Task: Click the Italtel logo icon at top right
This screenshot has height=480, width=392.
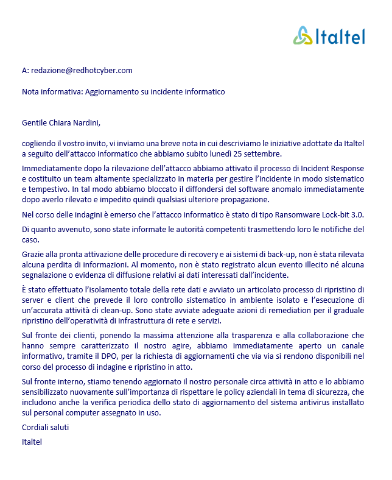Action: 303,36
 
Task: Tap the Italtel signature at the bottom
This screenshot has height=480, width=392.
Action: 32,442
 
